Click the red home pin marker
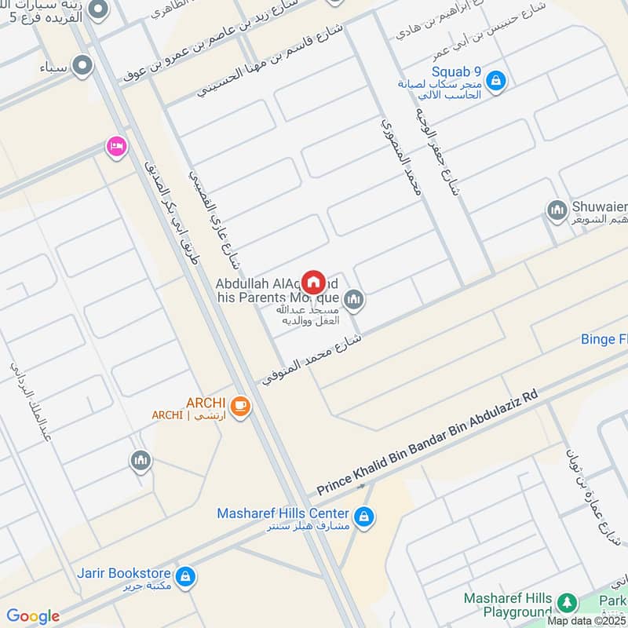coord(314,282)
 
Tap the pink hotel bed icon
coord(116,146)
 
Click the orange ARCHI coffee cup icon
coord(239,406)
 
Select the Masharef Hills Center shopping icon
coord(364,517)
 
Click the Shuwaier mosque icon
coord(557,210)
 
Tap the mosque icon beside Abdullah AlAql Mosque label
coord(355,299)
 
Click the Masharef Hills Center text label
coord(283,513)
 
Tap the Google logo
coord(33,616)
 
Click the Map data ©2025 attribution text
coord(586,620)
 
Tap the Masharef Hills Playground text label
coord(508,604)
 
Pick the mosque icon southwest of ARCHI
coord(141,460)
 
